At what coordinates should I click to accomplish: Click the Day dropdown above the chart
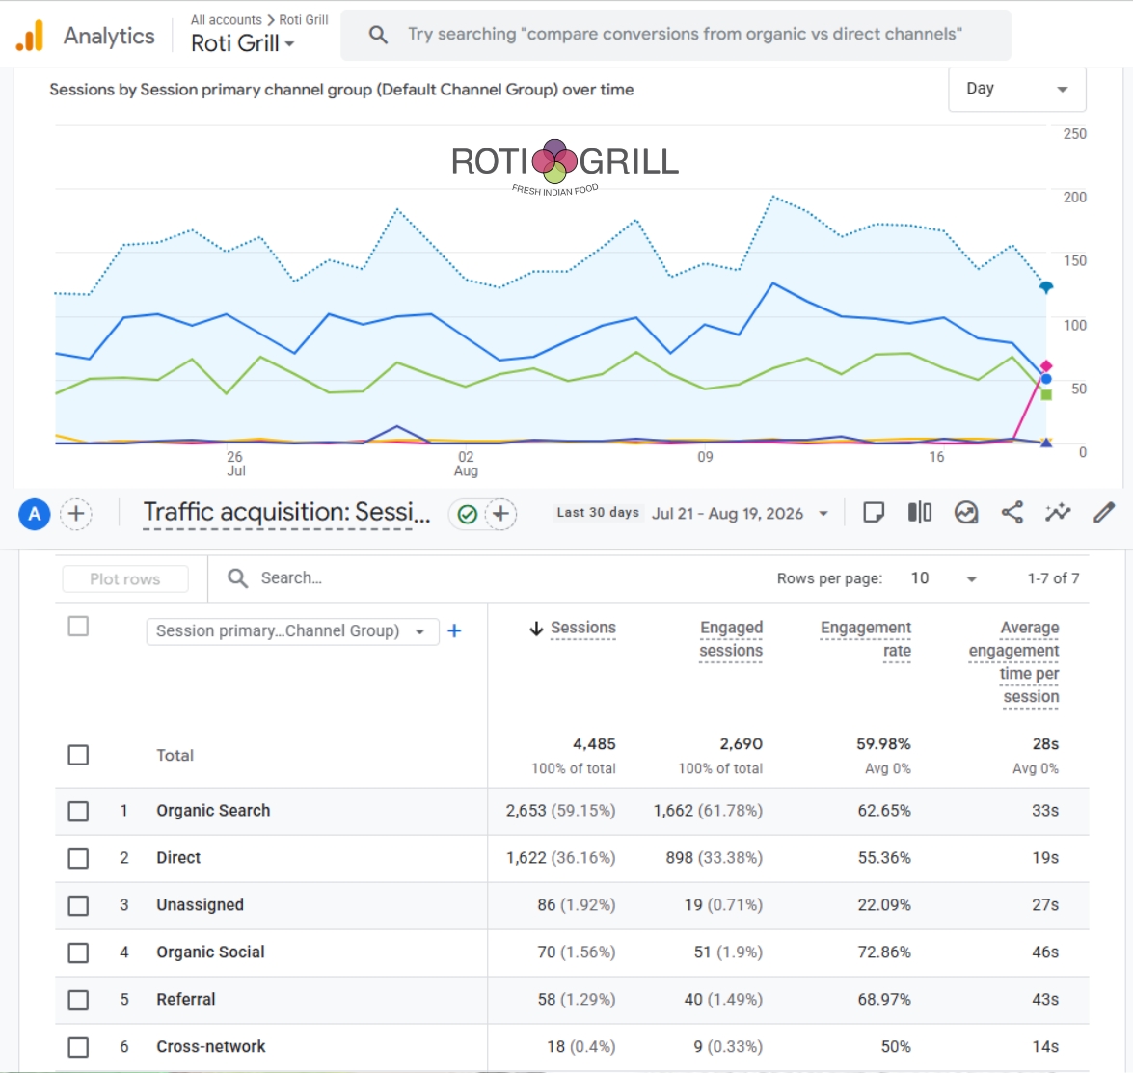point(1016,89)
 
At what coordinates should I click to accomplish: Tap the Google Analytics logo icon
point(30,35)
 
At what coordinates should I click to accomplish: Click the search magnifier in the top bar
point(378,34)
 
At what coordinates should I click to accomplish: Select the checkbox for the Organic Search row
point(78,811)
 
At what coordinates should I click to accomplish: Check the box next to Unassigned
point(78,905)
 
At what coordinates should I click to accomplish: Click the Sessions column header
point(583,628)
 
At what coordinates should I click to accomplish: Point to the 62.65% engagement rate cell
point(883,811)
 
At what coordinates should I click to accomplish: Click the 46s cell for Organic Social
point(1045,952)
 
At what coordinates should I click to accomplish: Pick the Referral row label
point(186,1000)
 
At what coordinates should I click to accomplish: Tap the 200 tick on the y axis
point(1074,198)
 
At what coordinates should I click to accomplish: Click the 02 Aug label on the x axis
point(466,463)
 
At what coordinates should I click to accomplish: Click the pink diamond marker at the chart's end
point(1045,366)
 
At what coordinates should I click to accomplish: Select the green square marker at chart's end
point(1046,394)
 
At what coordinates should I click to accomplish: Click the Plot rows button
point(125,578)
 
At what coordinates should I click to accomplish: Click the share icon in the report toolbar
point(1012,512)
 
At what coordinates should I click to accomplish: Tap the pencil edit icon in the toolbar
point(1103,512)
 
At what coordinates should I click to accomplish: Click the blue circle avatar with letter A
point(34,515)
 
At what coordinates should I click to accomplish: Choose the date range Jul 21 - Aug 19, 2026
point(728,513)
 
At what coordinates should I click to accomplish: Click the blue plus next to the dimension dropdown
point(454,630)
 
